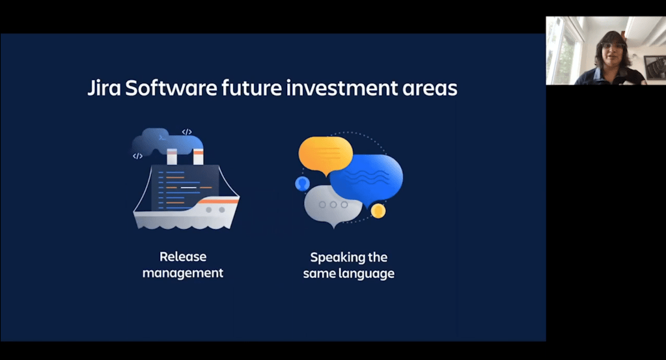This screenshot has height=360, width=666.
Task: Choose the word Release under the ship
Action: (183, 256)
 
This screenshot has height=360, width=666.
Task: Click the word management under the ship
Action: (183, 273)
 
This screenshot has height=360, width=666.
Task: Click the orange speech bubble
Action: (326, 154)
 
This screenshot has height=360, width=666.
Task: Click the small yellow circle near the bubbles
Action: (378, 210)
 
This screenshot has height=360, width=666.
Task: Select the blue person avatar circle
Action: (303, 184)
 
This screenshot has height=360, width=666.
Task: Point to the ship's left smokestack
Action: (172, 157)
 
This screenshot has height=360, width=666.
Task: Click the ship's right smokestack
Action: (198, 156)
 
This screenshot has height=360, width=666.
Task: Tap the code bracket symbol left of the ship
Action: (137, 156)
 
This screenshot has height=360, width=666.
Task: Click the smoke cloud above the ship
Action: (167, 141)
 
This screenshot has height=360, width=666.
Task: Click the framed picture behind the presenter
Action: (655, 67)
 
